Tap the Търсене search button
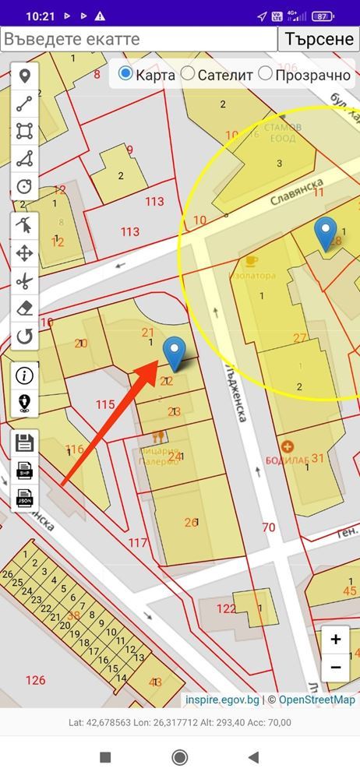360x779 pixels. pos(319,39)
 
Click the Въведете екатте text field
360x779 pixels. pos(139,39)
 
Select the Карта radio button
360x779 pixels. pos(125,74)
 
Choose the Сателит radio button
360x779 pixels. pos(188,74)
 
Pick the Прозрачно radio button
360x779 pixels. pos(266,74)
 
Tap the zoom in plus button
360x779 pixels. pos(336,640)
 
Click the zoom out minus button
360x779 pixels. pos(336,668)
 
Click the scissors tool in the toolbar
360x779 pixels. pos(25,280)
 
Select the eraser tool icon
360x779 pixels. pos(25,308)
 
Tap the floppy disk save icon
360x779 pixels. pos(25,442)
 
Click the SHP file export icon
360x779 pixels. pos(25,470)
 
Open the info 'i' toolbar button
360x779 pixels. pos(25,375)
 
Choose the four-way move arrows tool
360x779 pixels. pos(25,252)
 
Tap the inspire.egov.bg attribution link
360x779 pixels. pos(221,700)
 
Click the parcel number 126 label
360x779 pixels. pos(36,680)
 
